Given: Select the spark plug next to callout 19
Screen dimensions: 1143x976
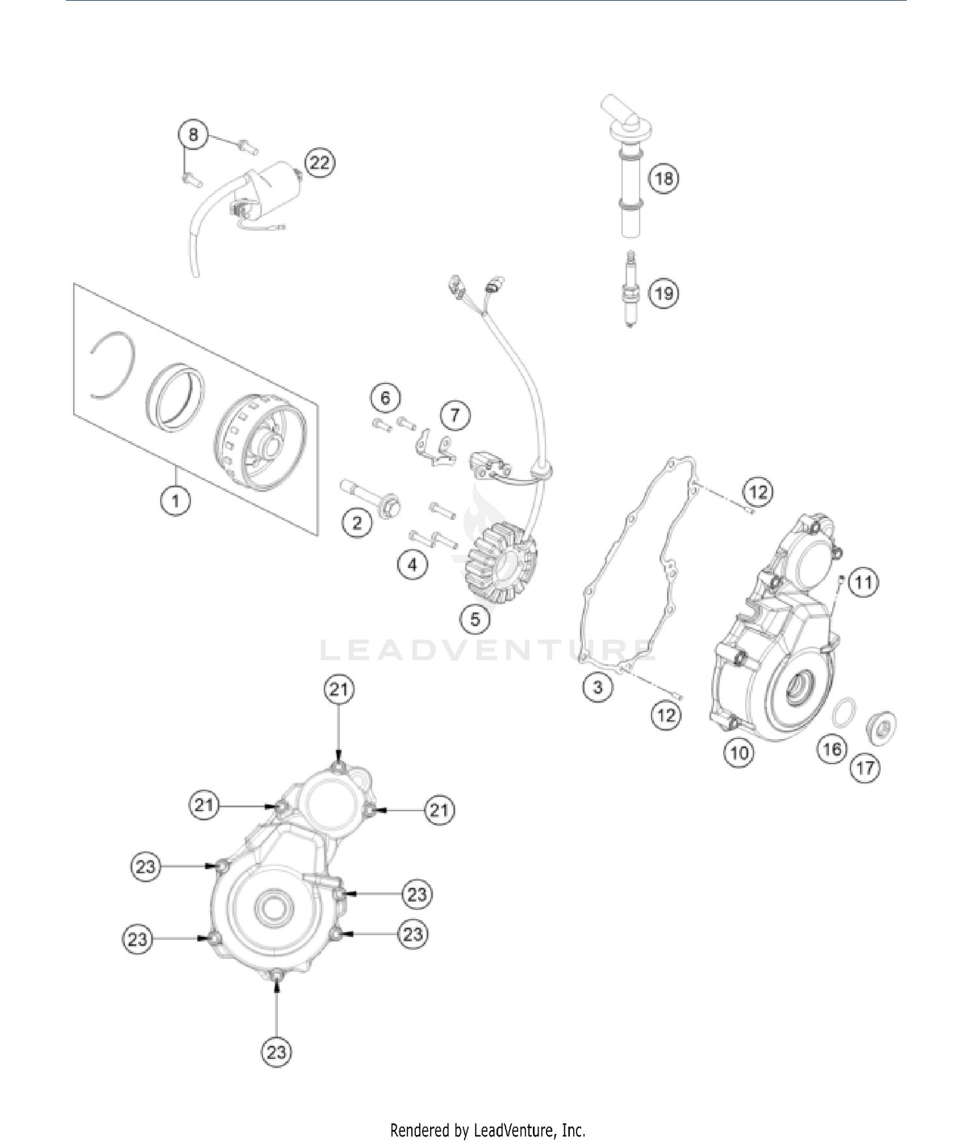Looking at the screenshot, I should point(630,291).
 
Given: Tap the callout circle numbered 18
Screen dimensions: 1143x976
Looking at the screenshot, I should point(664,178).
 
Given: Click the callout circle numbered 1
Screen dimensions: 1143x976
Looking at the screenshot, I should point(176,501).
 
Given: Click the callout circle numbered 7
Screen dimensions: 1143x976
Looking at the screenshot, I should point(455,415).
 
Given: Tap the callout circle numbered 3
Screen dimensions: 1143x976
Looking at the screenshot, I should point(597,687).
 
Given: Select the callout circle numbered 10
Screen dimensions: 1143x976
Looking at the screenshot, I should point(739,753).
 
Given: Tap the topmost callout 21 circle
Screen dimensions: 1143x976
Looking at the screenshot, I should point(339,690).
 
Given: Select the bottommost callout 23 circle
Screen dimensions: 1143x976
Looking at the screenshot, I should point(277,1052).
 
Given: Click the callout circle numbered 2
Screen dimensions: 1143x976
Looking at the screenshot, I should point(357,522).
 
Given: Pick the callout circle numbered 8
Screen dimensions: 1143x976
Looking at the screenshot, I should point(193,135).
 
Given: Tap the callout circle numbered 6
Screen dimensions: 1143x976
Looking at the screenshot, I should point(385,397).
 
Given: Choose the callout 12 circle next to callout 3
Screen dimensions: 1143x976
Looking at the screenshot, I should point(666,716).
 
